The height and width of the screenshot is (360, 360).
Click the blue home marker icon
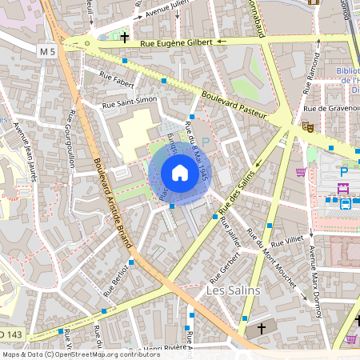click(180, 173)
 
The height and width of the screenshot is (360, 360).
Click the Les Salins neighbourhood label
click(233, 290)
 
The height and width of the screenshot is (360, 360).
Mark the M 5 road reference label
click(47, 52)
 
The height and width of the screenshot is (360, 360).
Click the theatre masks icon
click(307, 126)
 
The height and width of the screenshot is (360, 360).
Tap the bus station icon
click(346, 204)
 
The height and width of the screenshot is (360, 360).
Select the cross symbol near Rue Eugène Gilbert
click(125, 37)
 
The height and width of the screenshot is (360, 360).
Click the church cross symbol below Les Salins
click(261, 329)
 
